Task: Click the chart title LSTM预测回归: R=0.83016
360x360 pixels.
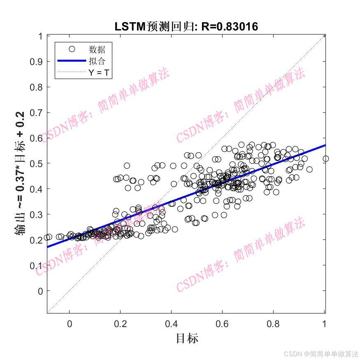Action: tap(186, 27)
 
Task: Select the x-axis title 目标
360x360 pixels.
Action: tap(187, 338)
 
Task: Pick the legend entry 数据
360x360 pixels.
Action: tap(97, 49)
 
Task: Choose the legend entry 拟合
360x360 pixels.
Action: tap(97, 61)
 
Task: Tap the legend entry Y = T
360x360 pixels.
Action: tap(99, 73)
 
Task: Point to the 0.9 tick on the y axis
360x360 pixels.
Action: tap(36, 62)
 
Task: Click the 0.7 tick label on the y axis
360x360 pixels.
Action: tap(36, 113)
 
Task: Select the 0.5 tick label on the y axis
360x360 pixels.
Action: tap(36, 164)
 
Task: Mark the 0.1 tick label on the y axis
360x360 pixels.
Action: tap(36, 266)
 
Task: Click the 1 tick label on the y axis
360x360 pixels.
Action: tap(40, 37)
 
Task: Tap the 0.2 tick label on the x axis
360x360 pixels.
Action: tap(120, 324)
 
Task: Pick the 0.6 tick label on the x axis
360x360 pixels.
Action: tap(222, 324)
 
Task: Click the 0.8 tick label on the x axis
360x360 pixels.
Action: tap(273, 324)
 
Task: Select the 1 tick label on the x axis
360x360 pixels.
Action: tap(324, 324)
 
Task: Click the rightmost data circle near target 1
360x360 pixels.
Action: tap(325, 159)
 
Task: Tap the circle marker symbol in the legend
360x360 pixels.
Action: tap(72, 49)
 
